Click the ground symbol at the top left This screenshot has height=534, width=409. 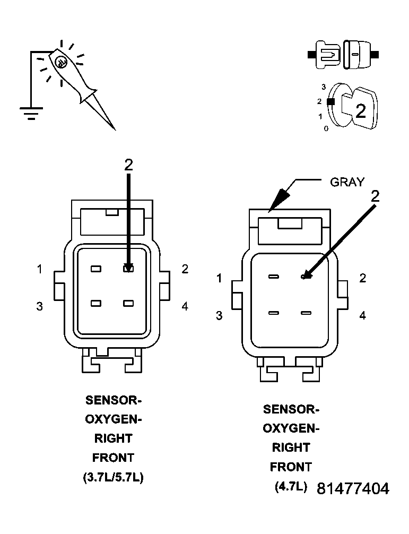[31, 112]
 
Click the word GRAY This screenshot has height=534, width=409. [347, 182]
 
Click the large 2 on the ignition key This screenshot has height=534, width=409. [361, 111]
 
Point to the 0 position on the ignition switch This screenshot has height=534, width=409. [326, 128]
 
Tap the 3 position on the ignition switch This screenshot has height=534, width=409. [323, 86]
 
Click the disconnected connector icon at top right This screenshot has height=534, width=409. [343, 55]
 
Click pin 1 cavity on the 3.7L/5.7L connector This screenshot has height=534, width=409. [95, 269]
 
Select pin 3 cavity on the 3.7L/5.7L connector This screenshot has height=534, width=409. [95, 304]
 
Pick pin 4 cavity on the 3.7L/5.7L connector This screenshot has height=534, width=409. [128, 304]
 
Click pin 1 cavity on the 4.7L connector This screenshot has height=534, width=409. [274, 277]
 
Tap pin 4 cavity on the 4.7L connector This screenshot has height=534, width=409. [306, 313]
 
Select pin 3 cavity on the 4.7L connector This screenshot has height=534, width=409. [274, 313]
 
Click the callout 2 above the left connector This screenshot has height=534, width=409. [128, 165]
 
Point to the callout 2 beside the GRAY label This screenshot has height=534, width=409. [375, 196]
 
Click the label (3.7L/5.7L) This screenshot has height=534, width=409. [113, 477]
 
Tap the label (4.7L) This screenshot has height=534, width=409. [291, 486]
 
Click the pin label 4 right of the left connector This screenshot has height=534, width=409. [185, 306]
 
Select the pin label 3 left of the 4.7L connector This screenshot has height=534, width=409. [219, 316]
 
